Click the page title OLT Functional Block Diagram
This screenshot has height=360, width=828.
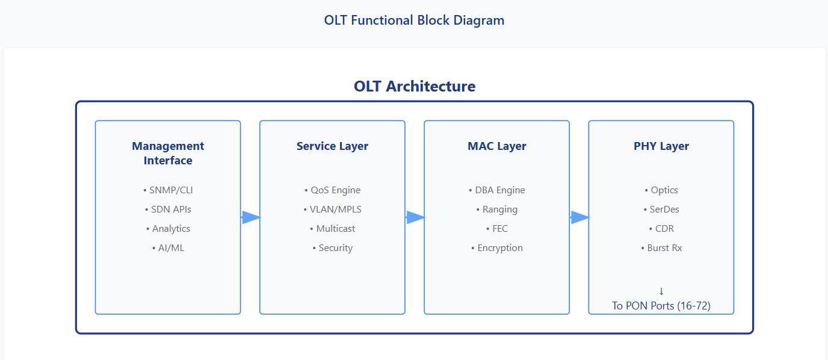(x=414, y=20)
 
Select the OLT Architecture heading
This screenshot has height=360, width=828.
(x=415, y=86)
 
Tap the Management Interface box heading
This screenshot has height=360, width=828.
(x=168, y=154)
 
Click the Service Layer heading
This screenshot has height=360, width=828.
(x=332, y=146)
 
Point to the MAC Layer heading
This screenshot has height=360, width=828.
(x=496, y=146)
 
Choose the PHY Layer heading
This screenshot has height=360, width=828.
(x=661, y=146)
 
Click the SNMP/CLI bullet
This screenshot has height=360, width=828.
(x=168, y=190)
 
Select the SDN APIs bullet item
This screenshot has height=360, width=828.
(x=168, y=209)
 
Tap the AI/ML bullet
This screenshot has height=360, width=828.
(x=168, y=248)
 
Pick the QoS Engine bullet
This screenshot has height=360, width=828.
(x=332, y=190)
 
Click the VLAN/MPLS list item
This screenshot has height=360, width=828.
(x=332, y=209)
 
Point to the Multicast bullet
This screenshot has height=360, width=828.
(x=332, y=229)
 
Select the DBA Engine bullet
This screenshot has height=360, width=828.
(x=496, y=190)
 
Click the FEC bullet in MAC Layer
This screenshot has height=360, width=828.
(x=496, y=229)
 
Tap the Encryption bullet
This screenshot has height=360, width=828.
(x=496, y=248)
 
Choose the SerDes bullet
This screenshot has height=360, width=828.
(x=661, y=209)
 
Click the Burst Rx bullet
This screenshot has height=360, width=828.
(x=661, y=248)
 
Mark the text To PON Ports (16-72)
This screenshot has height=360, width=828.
(x=661, y=306)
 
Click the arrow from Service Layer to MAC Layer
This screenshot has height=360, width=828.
(x=415, y=217)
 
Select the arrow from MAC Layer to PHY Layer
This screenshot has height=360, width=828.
(x=579, y=217)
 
